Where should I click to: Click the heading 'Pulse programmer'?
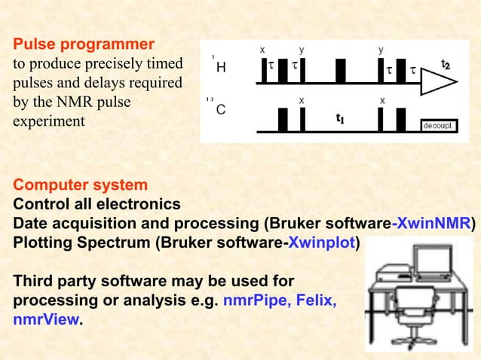tap(84, 43)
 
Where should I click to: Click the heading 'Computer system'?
tap(80, 185)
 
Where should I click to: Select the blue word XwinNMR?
tap(433, 224)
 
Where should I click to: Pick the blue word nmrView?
tap(45, 319)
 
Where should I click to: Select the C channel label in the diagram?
tap(221, 110)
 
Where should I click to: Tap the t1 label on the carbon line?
tap(341, 119)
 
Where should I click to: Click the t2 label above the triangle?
tap(446, 66)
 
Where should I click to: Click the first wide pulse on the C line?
tap(283, 120)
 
